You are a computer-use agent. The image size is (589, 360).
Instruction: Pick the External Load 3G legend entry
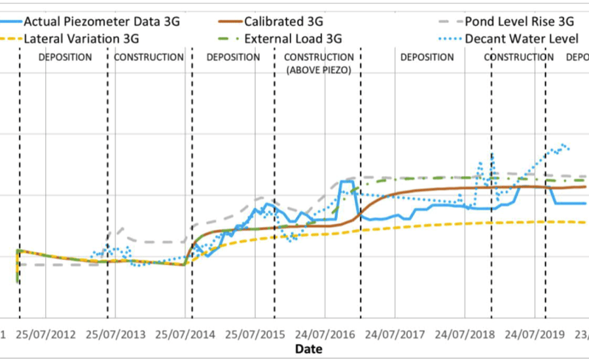click(293, 39)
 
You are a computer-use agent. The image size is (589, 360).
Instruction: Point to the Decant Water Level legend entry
click(522, 39)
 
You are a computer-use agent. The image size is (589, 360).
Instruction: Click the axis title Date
click(308, 349)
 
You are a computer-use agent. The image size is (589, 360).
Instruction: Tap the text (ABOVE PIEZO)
click(319, 69)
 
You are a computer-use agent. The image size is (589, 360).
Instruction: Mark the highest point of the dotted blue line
click(563, 145)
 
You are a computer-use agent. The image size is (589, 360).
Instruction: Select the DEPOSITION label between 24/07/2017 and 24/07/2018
click(427, 58)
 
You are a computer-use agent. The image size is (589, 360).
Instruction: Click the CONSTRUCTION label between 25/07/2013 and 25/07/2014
click(149, 58)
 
